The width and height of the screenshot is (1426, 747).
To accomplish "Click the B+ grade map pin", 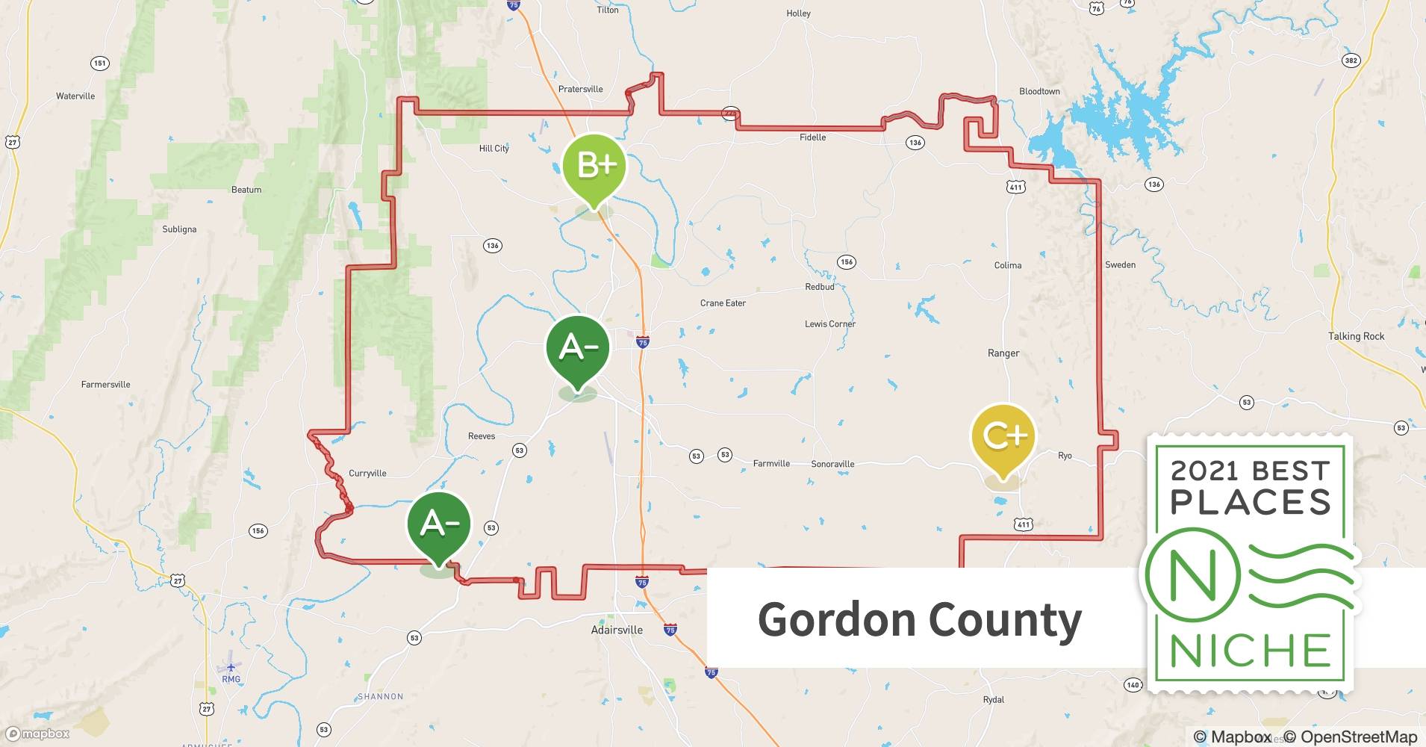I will [x=594, y=167].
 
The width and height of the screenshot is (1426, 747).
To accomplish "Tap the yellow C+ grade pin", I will [x=1003, y=437].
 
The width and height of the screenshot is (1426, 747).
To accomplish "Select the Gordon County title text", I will [x=919, y=619].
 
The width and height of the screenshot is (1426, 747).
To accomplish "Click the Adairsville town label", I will [x=617, y=630].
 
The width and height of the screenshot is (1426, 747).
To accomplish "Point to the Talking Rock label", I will [x=1356, y=336].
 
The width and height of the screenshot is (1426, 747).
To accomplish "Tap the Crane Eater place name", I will [x=723, y=303].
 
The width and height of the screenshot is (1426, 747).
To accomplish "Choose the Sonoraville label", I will [x=832, y=464].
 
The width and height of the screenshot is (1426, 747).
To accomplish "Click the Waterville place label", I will [x=75, y=96].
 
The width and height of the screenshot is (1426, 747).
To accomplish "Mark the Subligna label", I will [x=179, y=229].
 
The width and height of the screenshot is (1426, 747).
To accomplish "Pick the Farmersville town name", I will [x=105, y=385].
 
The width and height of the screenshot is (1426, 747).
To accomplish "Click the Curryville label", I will [x=367, y=474].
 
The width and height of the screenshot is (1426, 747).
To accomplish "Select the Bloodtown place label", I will [x=1039, y=92].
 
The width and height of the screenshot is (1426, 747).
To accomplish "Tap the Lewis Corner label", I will [x=830, y=324].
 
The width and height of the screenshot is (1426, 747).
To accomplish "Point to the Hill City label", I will [x=494, y=149].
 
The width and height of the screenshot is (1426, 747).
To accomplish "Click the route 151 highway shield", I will [x=100, y=63].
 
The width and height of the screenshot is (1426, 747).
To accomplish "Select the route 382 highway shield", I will [x=1351, y=61].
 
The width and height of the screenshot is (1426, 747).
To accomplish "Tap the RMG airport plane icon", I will [x=231, y=667].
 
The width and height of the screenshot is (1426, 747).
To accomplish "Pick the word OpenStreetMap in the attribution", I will [x=1358, y=737].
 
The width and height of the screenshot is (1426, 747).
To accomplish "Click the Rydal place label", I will [x=993, y=700].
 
